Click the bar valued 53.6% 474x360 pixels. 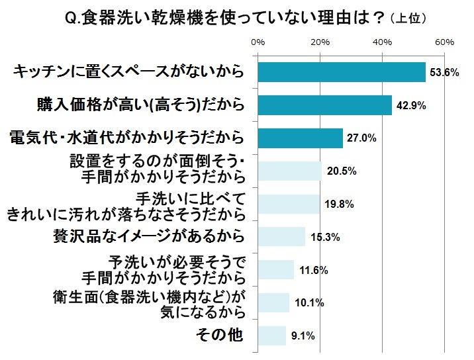coord(341,72)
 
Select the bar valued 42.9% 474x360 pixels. coord(324,105)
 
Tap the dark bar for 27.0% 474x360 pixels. coord(300,138)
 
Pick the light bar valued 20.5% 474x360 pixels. coord(289,171)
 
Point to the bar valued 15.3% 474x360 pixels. coord(281,236)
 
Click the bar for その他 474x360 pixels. coord(271,335)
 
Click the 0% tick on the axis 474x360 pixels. coord(258,42)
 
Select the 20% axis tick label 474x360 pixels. coord(320,42)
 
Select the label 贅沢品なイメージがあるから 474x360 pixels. coord(149,236)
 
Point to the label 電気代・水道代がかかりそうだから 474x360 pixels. coord(126,138)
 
